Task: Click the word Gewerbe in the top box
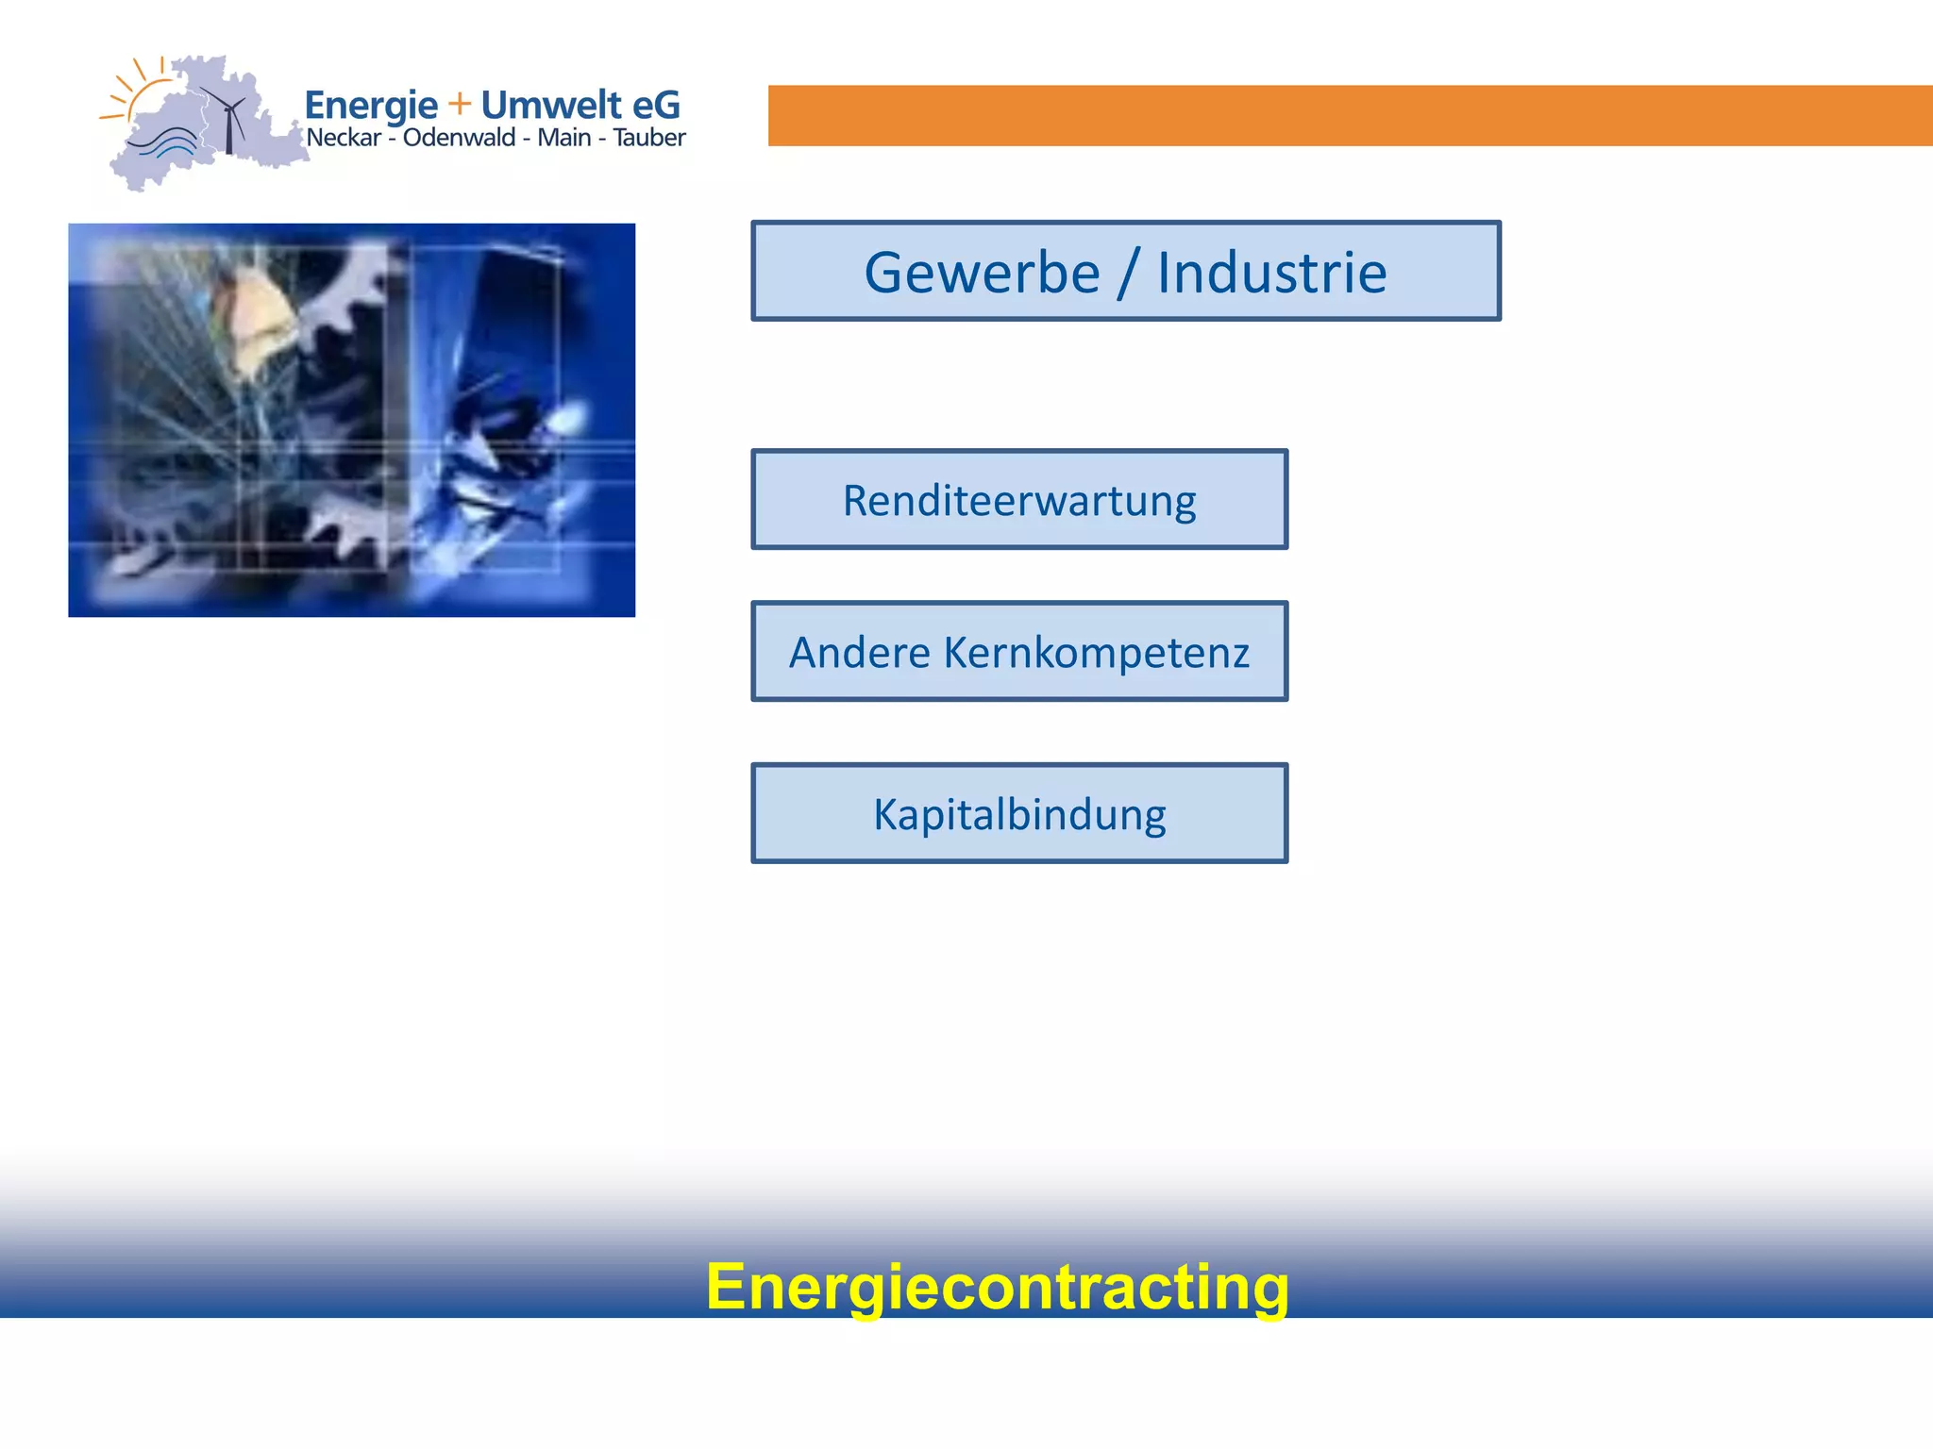tap(982, 274)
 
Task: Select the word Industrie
tap(1271, 274)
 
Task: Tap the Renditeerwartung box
tap(1019, 500)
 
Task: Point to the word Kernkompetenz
tap(1097, 653)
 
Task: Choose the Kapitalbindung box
tap(1019, 814)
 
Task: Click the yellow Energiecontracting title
tap(997, 1287)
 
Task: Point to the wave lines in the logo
tap(162, 143)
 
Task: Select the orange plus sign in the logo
tap(460, 104)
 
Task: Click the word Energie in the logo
tap(371, 106)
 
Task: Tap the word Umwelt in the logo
tap(551, 105)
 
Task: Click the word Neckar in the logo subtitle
tap(344, 138)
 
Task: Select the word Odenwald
tap(459, 138)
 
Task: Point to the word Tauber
tap(649, 138)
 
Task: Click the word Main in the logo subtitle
tap(563, 138)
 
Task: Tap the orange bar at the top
tap(1350, 115)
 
